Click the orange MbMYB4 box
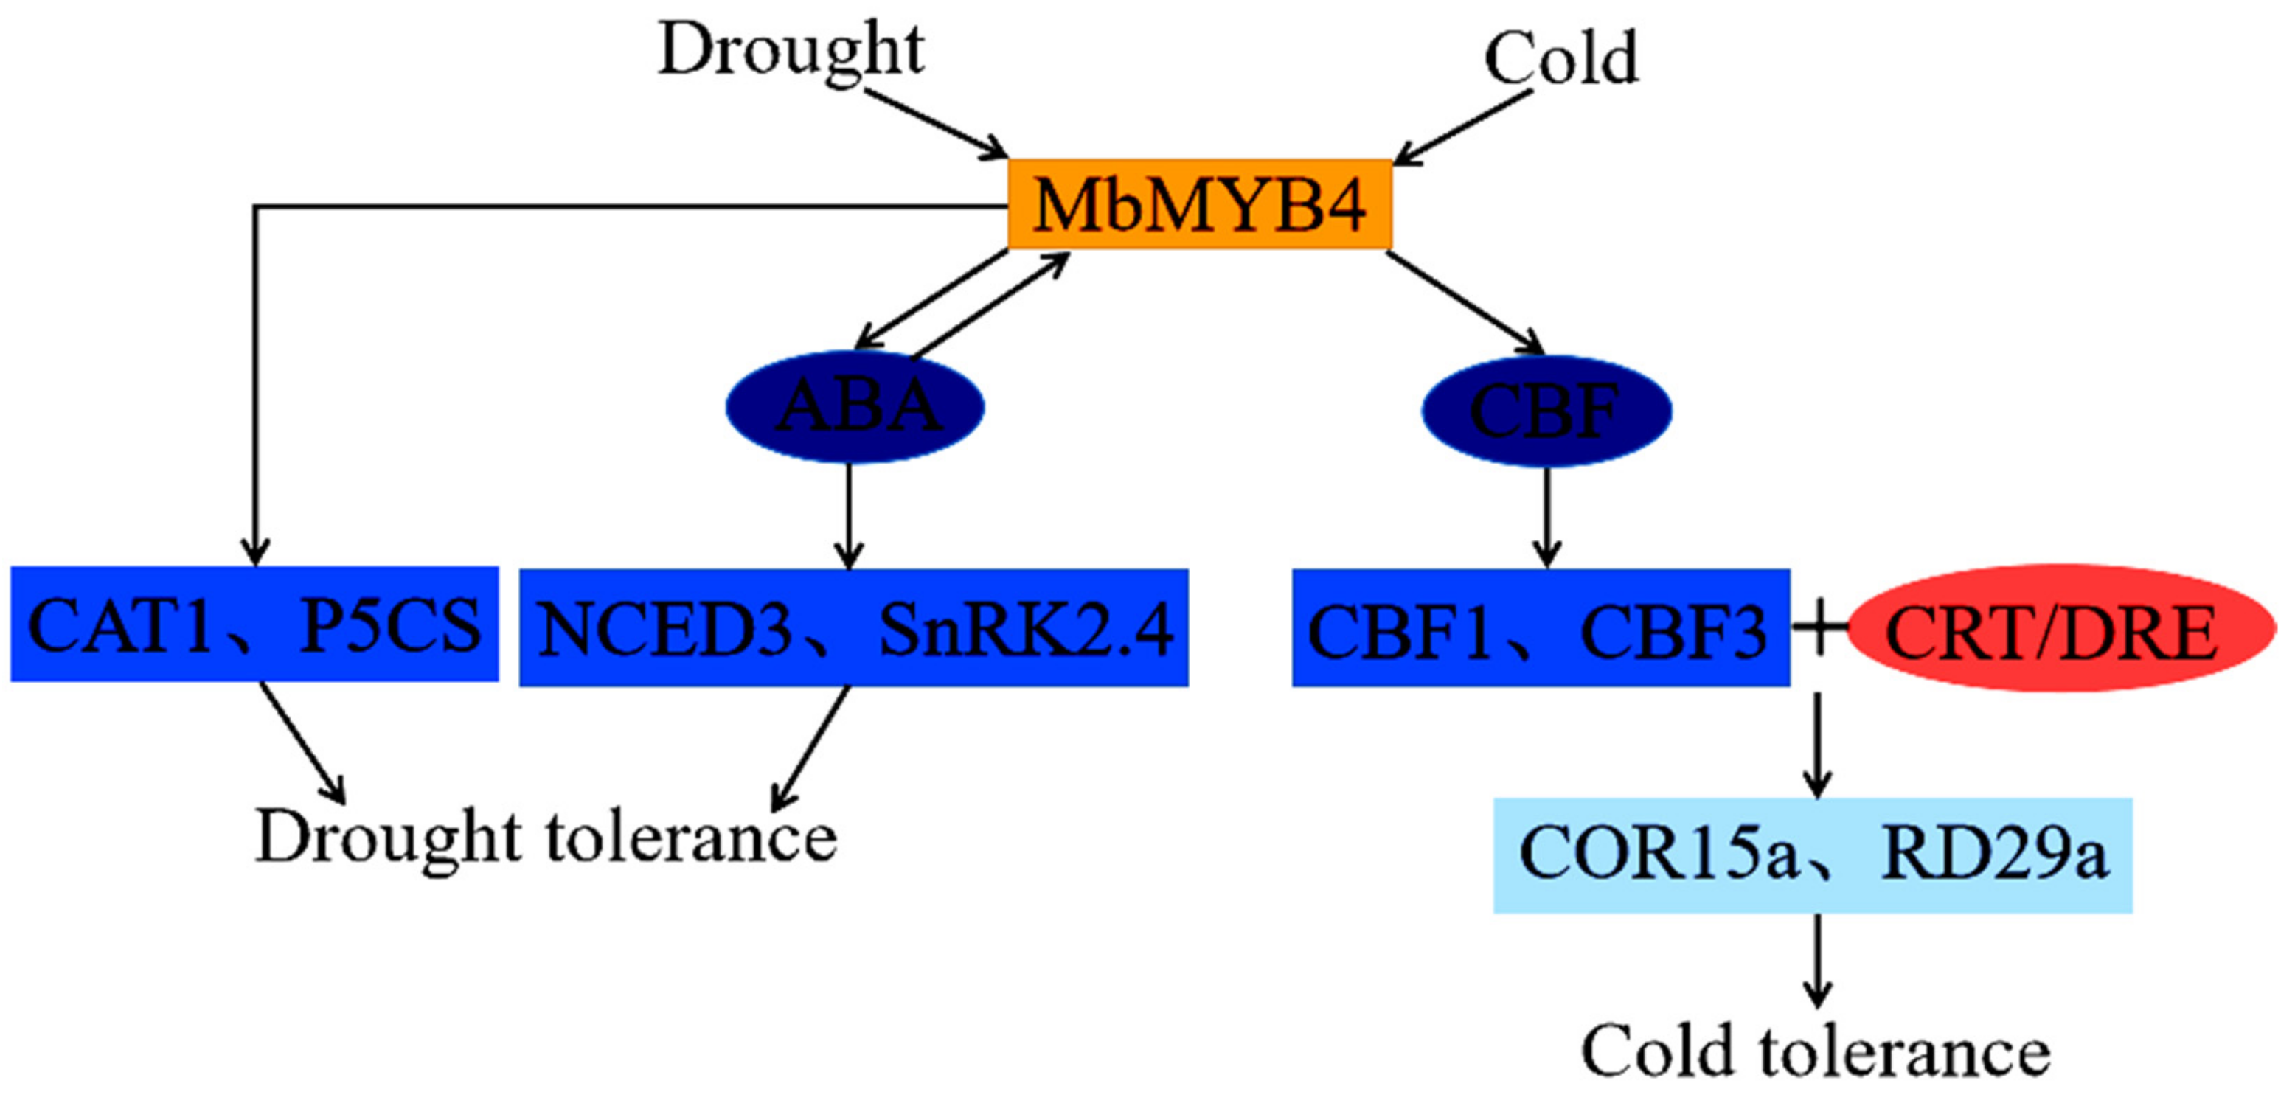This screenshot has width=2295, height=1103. [1199, 204]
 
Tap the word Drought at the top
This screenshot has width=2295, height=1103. [791, 52]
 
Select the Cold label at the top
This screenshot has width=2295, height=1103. [1561, 59]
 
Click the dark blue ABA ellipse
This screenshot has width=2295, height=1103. [856, 406]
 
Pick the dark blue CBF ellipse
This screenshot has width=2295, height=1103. [1546, 411]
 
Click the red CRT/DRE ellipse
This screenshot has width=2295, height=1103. [2060, 629]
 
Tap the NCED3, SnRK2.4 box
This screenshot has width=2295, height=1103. [853, 628]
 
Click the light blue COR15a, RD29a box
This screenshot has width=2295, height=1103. [1812, 855]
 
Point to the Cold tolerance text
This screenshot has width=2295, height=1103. [1814, 1052]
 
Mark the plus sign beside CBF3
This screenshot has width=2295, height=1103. [1819, 627]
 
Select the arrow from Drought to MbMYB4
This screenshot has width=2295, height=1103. [935, 124]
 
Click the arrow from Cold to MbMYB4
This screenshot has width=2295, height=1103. [1461, 129]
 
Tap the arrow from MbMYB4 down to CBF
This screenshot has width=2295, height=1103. [1465, 303]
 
